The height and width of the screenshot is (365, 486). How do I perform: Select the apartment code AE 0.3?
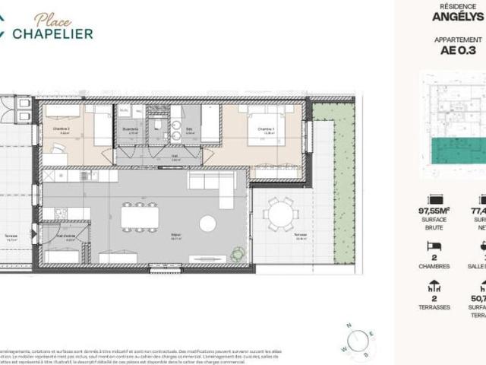click(x=458, y=51)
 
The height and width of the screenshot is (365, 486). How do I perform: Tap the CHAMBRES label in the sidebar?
click(x=435, y=266)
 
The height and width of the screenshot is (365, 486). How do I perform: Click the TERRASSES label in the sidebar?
click(x=435, y=307)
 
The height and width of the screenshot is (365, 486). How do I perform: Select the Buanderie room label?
click(x=130, y=130)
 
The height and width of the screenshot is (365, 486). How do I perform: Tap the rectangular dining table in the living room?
click(x=140, y=217)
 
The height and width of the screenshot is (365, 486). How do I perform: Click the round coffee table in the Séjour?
click(x=207, y=224)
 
